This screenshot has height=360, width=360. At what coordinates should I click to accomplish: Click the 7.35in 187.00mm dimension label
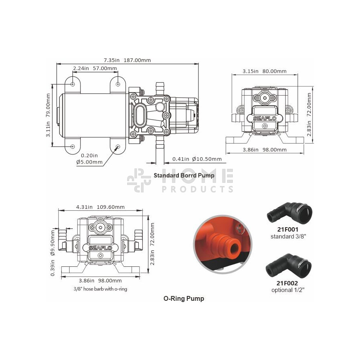(127, 60)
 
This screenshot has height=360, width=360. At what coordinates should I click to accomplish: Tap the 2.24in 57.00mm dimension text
(95, 68)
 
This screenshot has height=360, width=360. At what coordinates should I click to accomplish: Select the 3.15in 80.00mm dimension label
(264, 71)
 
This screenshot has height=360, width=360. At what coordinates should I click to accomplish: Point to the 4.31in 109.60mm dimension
(100, 207)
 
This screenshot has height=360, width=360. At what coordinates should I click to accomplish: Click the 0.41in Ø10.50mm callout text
(197, 159)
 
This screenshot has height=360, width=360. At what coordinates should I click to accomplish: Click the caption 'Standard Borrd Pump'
(184, 176)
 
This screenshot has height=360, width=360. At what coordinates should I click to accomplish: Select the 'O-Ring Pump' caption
(184, 298)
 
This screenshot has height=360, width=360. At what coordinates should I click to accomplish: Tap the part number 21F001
(288, 229)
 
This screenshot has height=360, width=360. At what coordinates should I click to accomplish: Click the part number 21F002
(287, 283)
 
